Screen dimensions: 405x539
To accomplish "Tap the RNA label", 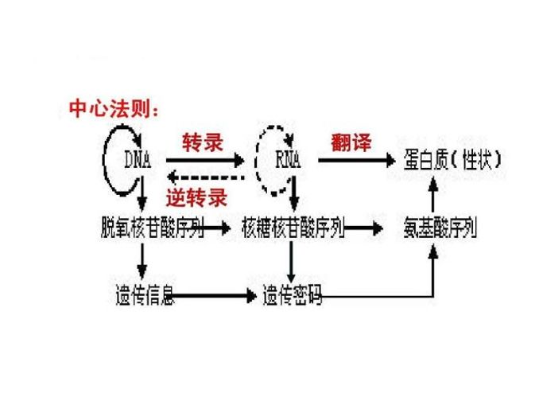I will click(289, 162).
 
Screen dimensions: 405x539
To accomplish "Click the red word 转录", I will click(202, 142).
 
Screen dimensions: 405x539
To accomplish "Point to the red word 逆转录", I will click(196, 197).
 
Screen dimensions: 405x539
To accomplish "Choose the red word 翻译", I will click(351, 142).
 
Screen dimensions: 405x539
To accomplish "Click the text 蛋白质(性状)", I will click(450, 162).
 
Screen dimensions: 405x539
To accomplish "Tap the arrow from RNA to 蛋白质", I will click(355, 162).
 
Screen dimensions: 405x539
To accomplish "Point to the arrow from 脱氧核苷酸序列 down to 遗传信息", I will click(142, 263).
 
